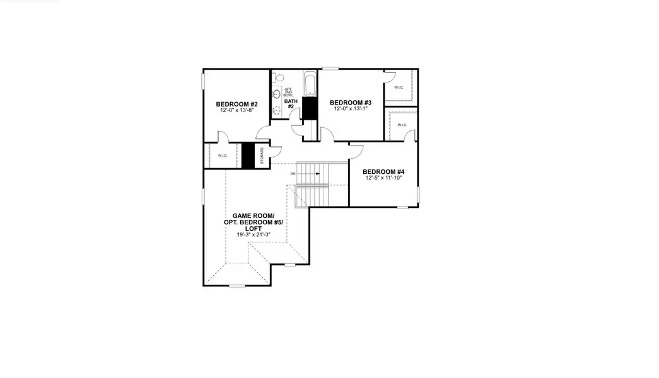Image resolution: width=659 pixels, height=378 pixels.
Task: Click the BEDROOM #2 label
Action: (236, 104)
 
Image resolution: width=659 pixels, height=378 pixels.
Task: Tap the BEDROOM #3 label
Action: (350, 103)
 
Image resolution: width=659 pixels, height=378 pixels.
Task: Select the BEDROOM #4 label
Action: (383, 171)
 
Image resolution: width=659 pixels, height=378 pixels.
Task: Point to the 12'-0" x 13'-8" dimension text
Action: (236, 110)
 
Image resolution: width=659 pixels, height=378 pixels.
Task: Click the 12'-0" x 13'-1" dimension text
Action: (350, 109)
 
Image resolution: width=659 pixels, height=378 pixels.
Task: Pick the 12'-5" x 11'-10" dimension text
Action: (383, 178)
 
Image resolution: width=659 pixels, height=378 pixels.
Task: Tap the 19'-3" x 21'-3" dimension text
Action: (254, 234)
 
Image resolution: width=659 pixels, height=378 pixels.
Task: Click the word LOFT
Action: (254, 228)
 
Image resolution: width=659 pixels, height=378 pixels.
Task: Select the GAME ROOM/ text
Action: (254, 215)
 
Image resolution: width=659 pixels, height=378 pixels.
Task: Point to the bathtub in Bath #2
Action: (310, 84)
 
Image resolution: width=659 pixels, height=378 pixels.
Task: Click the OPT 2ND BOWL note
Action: (288, 92)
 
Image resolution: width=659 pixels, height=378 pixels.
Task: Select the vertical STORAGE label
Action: (262, 156)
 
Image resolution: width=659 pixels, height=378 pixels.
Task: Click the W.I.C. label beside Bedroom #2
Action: (223, 156)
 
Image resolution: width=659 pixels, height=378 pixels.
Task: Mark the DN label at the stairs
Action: (293, 173)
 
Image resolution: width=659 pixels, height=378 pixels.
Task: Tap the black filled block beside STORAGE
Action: (248, 156)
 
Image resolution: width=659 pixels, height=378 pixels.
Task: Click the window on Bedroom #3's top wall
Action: (330, 68)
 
